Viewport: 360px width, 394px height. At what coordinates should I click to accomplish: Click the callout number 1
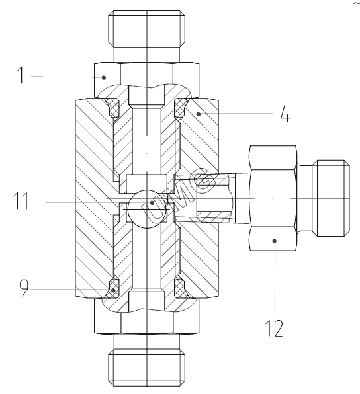click(x=21, y=75)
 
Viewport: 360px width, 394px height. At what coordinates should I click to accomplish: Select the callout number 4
click(x=285, y=114)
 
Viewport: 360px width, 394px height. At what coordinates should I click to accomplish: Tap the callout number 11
click(x=21, y=201)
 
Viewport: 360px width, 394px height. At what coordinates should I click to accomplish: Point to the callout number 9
click(x=24, y=288)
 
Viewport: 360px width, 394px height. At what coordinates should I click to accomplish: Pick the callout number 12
click(x=274, y=329)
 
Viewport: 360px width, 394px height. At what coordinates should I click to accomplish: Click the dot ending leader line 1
click(x=104, y=77)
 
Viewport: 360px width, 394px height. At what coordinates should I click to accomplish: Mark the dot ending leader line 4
click(x=199, y=114)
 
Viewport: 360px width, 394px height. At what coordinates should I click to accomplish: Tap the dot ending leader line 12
click(x=275, y=241)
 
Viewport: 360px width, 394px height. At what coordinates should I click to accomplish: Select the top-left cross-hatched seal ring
click(x=113, y=108)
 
